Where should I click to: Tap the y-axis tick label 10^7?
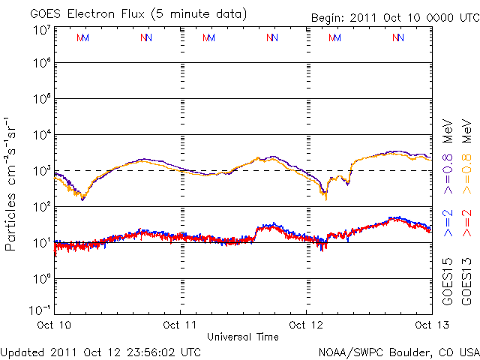41,31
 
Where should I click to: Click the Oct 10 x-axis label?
55,325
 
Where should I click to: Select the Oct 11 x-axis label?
181,325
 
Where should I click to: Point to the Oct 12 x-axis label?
306,325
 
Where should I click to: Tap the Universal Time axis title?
243,337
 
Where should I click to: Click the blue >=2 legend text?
448,223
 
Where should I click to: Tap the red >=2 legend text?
466,223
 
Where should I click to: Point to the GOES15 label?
448,285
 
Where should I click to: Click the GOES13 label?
466,285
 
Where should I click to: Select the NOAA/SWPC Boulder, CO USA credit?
398,352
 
